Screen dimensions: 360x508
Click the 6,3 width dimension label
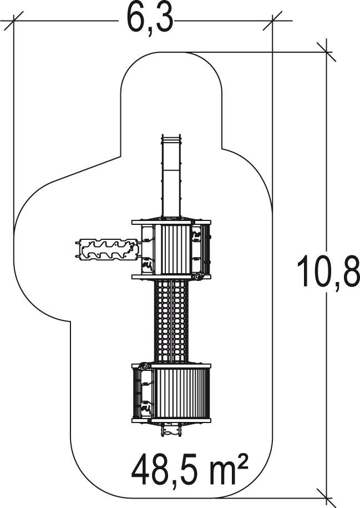(x=150, y=20)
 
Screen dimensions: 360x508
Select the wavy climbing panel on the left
(x=109, y=249)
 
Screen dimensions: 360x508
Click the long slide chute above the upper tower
(x=171, y=177)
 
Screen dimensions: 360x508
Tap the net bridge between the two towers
(x=171, y=321)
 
